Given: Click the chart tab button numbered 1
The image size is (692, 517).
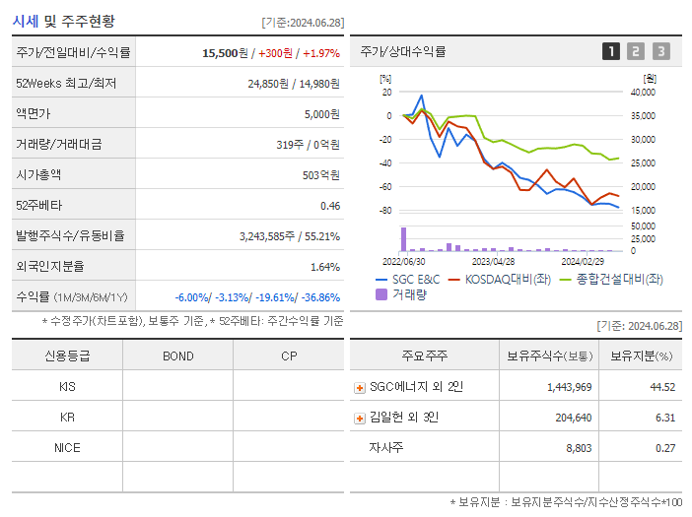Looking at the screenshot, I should (611, 51).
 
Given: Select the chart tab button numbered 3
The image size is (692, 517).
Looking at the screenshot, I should (660, 51).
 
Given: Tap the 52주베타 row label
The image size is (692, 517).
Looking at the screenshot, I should (38, 205).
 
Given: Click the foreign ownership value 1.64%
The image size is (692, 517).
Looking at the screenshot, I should (324, 266).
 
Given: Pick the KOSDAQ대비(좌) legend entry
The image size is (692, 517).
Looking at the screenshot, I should (501, 280).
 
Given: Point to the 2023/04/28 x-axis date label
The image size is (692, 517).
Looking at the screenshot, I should (493, 261).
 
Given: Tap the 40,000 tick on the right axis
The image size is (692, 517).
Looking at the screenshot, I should (642, 93).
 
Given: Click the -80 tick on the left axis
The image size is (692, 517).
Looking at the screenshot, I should (385, 211).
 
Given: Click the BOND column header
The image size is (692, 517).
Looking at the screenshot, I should (177, 355).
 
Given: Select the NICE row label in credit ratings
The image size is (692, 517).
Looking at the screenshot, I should (67, 447).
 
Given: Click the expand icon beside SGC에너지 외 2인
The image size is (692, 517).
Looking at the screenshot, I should (360, 387).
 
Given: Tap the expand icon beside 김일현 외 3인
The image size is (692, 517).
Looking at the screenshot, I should (360, 418).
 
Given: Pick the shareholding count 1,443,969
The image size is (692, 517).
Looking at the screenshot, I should (569, 387).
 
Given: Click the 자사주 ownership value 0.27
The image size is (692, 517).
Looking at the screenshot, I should (664, 447).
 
